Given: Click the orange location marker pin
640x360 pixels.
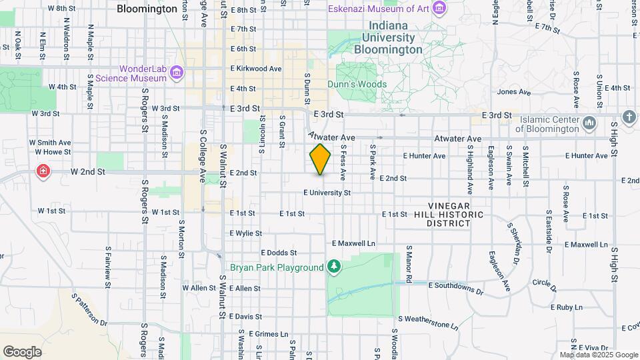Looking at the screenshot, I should [x=320, y=159].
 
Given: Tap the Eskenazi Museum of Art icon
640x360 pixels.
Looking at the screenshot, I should [x=439, y=9].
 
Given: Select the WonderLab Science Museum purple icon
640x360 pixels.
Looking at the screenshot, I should [x=176, y=73].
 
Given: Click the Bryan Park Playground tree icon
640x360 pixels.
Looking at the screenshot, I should [x=334, y=268].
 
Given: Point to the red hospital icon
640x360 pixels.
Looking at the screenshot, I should [x=43, y=171].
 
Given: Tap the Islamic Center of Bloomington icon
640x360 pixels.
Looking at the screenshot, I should [x=589, y=124].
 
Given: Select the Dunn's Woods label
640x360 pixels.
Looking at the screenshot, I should [x=357, y=85].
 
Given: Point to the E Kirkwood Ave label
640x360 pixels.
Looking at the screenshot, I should [x=256, y=69].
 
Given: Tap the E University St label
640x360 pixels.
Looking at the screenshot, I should [x=327, y=193].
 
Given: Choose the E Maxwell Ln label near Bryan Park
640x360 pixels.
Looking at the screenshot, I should [x=353, y=243].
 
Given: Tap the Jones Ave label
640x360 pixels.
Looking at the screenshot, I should [x=513, y=92].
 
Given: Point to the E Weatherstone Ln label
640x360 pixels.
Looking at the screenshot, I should [x=429, y=323].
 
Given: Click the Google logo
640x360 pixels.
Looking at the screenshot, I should [x=22, y=352].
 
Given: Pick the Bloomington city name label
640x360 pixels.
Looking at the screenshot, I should [x=147, y=9].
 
